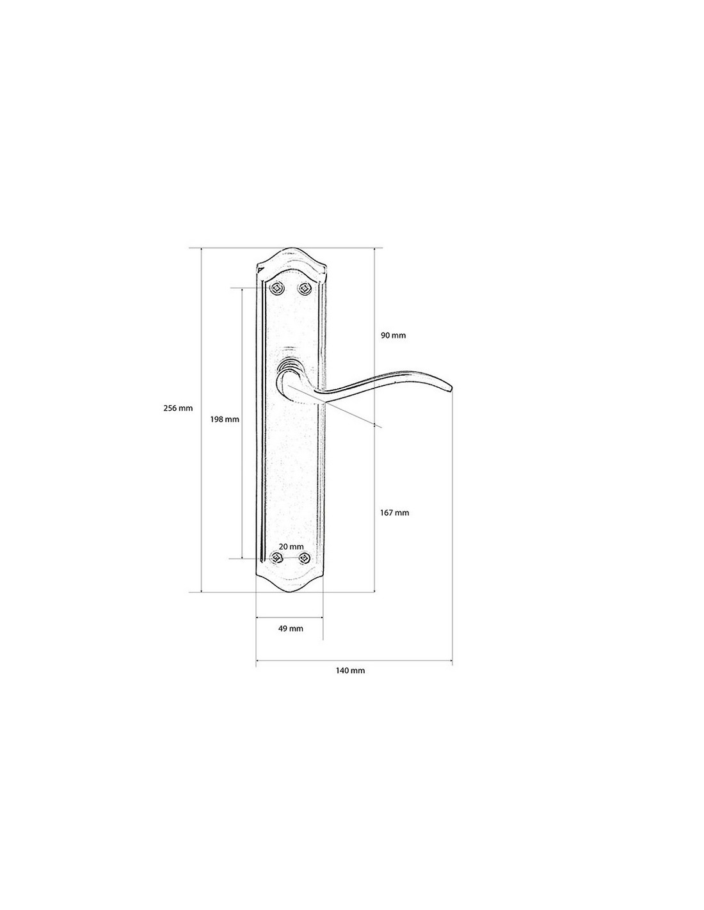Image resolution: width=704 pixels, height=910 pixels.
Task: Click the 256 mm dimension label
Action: (x=178, y=408)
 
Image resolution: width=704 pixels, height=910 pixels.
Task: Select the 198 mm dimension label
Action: (x=225, y=419)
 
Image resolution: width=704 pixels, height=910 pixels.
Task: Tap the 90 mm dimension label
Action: (x=393, y=335)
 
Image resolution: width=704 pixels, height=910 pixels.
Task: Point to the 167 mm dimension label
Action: (x=394, y=513)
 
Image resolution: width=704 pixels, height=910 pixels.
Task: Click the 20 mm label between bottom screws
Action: (x=291, y=547)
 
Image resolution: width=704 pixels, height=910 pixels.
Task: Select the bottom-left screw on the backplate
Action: (x=276, y=558)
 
